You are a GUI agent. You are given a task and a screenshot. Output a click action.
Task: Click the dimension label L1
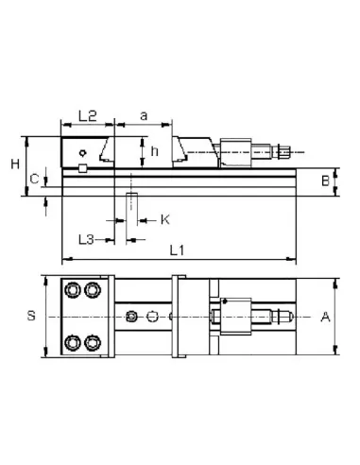click(x=176, y=250)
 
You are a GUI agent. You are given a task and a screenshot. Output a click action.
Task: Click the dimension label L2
click(x=87, y=115)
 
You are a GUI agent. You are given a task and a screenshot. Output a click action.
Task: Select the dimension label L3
click(x=85, y=240)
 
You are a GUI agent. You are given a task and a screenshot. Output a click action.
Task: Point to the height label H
click(x=15, y=164)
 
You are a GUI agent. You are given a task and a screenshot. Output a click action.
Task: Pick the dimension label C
click(x=33, y=178)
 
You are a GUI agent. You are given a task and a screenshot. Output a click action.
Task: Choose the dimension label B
click(x=323, y=180)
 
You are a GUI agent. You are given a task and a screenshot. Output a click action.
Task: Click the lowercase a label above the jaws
click(x=144, y=115)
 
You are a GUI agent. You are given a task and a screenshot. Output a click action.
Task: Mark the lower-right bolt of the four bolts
click(x=93, y=342)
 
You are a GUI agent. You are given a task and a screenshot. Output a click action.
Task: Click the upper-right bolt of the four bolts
click(x=93, y=289)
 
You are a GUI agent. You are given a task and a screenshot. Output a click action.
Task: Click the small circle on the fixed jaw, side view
click(x=84, y=152)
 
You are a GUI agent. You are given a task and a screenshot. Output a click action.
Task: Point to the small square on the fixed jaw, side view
click(x=83, y=168)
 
